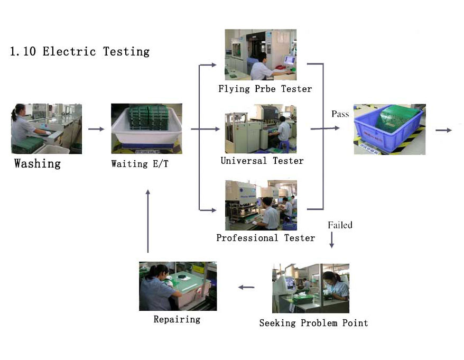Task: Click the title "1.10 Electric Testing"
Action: pos(80,51)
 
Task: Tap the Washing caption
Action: pos(38,163)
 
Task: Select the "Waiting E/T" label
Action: pos(140,164)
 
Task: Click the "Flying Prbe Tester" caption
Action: pos(265,89)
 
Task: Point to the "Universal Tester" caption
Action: pos(262,161)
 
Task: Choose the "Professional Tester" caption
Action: pos(266,238)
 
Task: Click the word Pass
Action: pos(340,114)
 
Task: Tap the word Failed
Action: pos(340,225)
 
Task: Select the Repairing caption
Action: pos(177,319)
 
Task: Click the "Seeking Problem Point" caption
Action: pos(314,323)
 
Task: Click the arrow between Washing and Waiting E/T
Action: pos(97,129)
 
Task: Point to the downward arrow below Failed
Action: pos(331,240)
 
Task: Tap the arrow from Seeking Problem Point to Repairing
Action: pos(246,287)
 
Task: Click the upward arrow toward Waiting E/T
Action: pos(148,221)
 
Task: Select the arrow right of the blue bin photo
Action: pos(444,130)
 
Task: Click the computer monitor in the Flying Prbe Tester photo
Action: pos(289,61)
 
